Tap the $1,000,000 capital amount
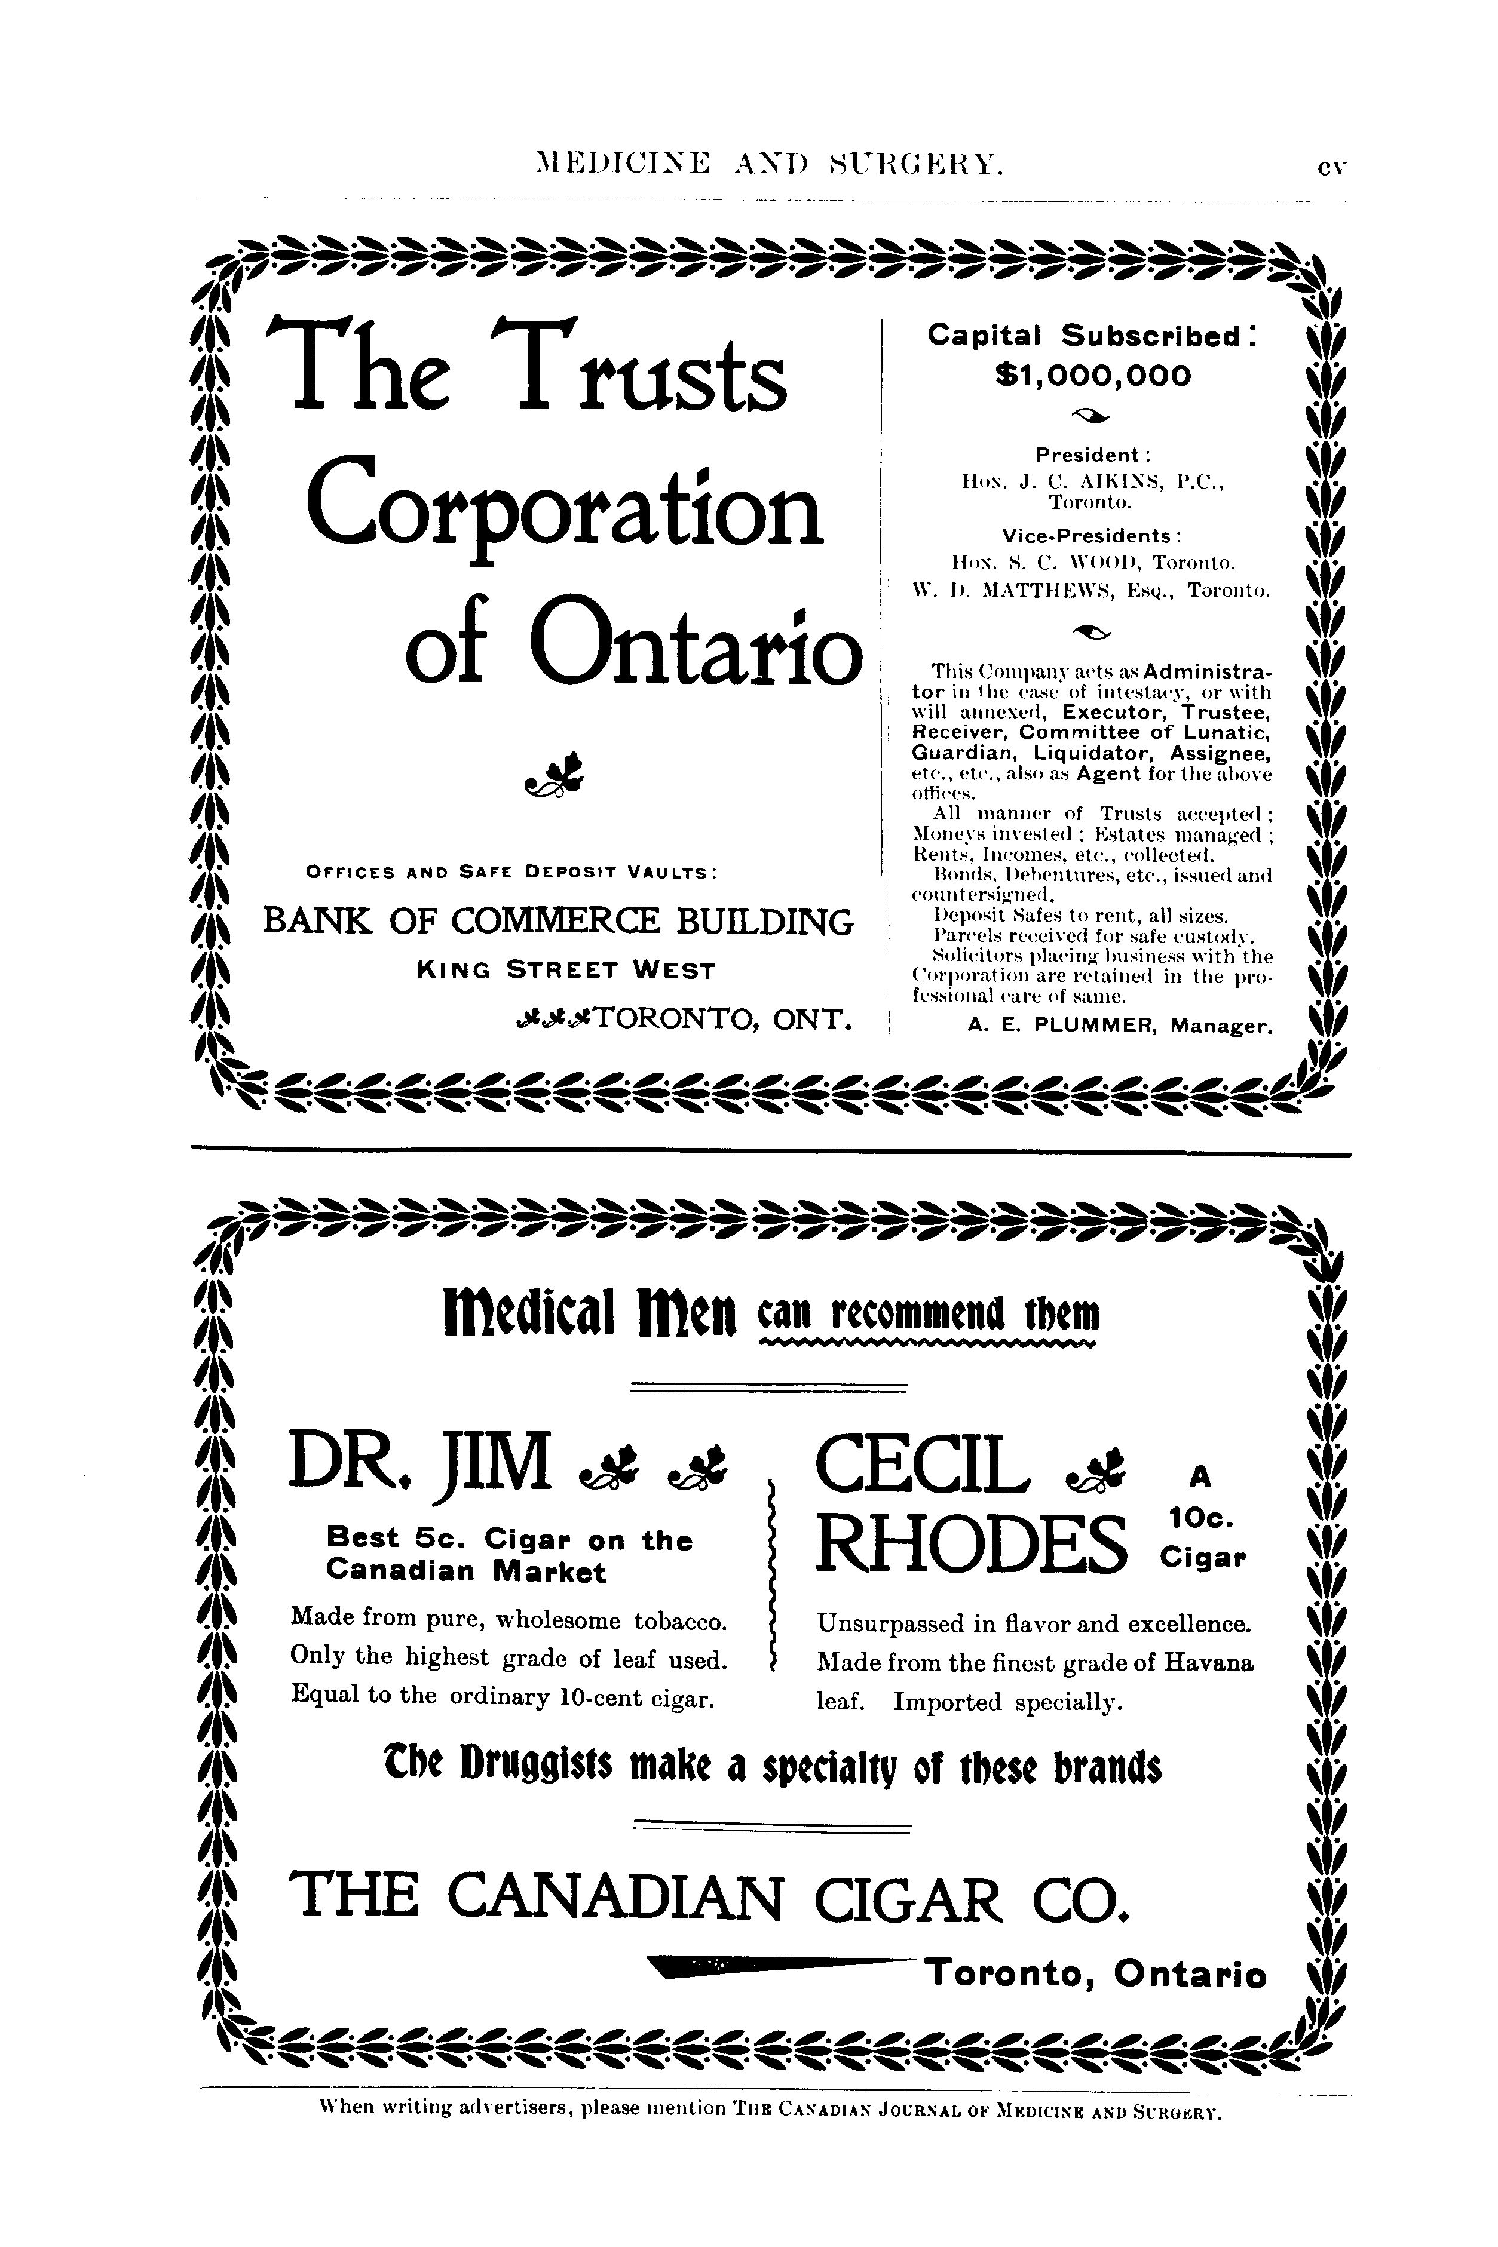point(1093,375)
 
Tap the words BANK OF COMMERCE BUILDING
point(558,922)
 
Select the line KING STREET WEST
point(566,971)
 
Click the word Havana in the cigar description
point(1209,1663)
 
